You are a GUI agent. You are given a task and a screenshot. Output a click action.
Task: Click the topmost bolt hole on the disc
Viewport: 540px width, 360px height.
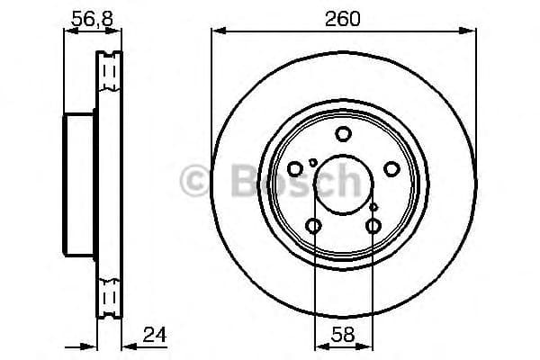[343, 135]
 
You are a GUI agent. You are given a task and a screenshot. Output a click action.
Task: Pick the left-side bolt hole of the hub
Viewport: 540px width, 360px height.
[295, 168]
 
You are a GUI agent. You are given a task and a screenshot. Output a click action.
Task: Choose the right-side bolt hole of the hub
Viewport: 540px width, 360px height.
[391, 168]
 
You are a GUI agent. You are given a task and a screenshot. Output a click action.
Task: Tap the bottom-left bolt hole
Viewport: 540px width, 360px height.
[314, 226]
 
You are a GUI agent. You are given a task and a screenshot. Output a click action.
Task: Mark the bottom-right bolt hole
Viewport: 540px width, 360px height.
[373, 226]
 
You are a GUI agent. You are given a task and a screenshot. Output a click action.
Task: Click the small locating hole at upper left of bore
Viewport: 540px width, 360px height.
[312, 162]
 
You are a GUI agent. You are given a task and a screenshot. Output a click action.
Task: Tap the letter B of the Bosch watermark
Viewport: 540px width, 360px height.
[232, 181]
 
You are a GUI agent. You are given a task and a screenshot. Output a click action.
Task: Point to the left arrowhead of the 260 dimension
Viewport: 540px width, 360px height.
[216, 31]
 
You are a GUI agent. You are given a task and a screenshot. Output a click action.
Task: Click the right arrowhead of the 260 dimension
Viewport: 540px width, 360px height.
[472, 31]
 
